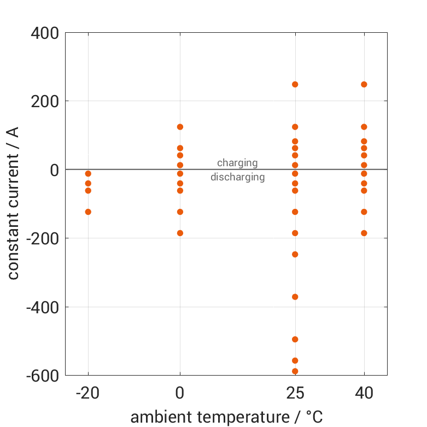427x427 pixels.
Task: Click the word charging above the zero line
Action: pyautogui.click(x=237, y=162)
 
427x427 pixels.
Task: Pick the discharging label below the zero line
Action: pyautogui.click(x=237, y=177)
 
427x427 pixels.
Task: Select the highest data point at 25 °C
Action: pyautogui.click(x=295, y=84)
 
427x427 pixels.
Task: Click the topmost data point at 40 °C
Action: pyautogui.click(x=364, y=84)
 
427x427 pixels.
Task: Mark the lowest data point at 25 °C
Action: pyautogui.click(x=295, y=371)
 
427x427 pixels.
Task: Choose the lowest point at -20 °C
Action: pyautogui.click(x=88, y=212)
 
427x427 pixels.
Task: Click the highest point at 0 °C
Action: pyautogui.click(x=180, y=127)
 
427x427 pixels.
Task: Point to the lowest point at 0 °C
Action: pyautogui.click(x=180, y=233)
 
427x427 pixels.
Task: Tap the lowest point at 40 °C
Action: pyautogui.click(x=364, y=233)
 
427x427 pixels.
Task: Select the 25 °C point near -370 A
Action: pyautogui.click(x=295, y=297)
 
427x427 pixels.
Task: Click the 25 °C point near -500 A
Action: pyautogui.click(x=295, y=339)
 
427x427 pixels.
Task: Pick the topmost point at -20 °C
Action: pyautogui.click(x=88, y=173)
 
